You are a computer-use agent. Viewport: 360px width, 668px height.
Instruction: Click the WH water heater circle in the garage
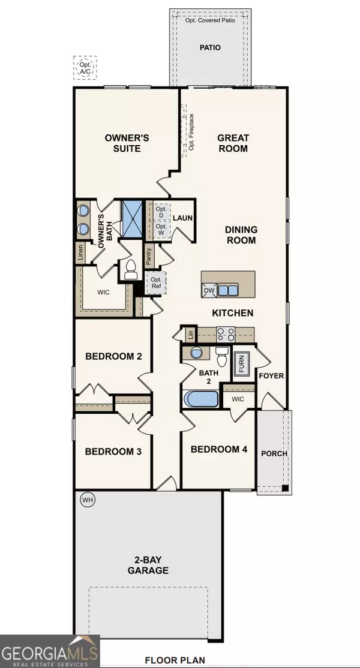[88, 499]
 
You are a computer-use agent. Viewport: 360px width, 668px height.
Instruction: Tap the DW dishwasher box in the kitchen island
[209, 291]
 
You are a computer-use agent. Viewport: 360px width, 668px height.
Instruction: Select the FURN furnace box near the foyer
[242, 363]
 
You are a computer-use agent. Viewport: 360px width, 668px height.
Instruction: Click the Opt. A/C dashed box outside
[85, 67]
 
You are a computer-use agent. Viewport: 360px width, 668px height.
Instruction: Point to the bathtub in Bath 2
[200, 399]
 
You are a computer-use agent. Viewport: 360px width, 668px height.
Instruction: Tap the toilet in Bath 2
[221, 356]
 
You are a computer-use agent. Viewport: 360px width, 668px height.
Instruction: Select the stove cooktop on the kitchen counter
[226, 333]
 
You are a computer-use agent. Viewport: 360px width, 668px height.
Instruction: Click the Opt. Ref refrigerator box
[157, 283]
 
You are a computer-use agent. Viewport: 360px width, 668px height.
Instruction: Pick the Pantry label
[149, 258]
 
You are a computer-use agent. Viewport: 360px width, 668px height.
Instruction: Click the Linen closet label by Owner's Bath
[80, 253]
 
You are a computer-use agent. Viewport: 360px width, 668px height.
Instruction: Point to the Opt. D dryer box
[161, 213]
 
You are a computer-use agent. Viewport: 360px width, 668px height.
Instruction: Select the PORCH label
[274, 454]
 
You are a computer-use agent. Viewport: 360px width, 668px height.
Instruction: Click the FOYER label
[271, 376]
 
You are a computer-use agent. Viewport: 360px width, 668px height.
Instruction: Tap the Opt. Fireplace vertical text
[192, 132]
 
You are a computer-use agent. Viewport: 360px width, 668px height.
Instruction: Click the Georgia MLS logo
[50, 651]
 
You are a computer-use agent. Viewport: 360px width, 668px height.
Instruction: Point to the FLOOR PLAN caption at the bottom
[175, 661]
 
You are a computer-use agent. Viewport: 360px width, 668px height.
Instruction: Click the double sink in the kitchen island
[228, 291]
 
